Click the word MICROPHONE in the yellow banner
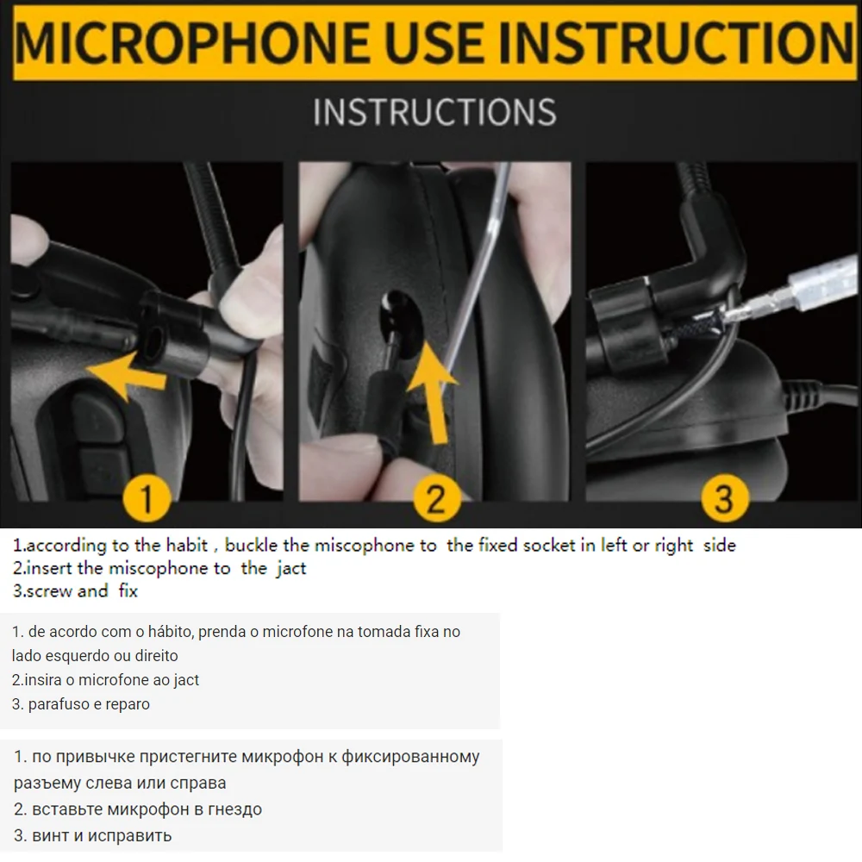point(192,41)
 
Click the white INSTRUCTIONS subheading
point(434,112)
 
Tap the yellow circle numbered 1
point(146,498)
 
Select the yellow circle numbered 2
point(436,498)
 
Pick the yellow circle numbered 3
point(725,498)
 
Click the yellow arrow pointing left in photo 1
point(128,374)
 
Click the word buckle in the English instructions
point(251,545)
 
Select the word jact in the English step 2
point(291,568)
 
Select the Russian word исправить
point(130,836)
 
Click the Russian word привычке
point(96,758)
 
